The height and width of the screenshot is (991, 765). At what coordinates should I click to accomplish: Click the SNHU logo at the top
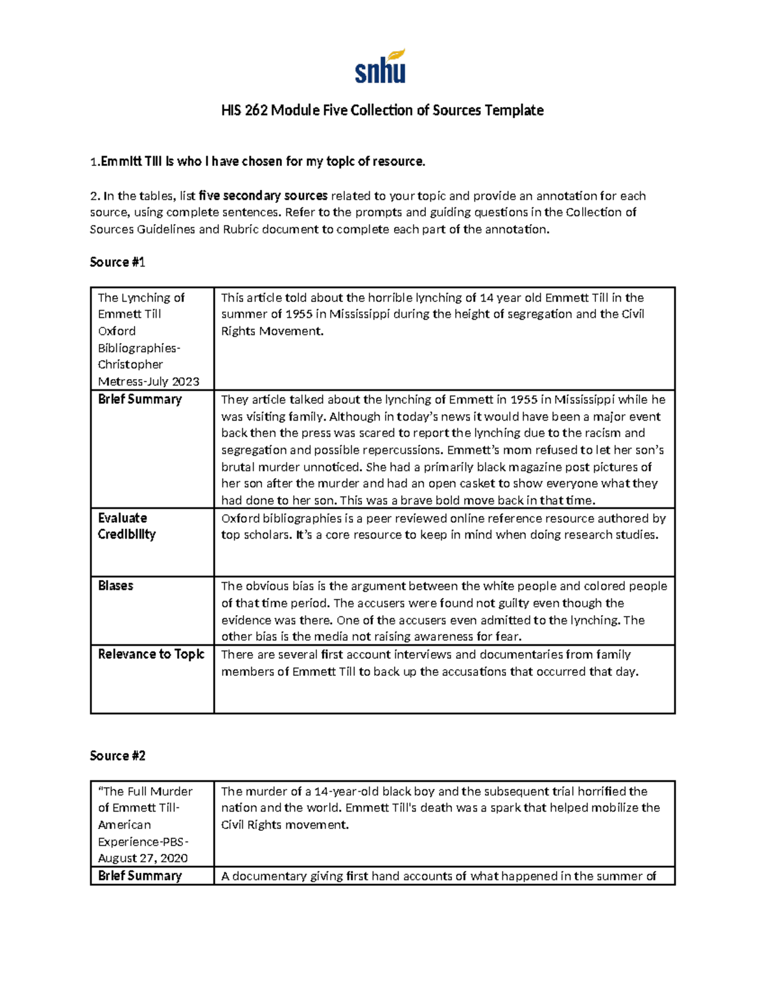coord(381,68)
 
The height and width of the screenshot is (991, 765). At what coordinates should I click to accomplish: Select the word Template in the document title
coord(514,110)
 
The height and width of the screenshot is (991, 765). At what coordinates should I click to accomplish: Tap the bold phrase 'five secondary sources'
coord(263,196)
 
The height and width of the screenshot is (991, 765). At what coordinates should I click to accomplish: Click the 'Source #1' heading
coord(117,262)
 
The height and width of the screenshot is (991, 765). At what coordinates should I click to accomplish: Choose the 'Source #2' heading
coord(117,756)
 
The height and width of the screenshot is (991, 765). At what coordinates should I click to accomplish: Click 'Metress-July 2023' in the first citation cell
coord(149,382)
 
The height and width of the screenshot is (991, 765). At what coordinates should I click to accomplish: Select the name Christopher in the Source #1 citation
coord(130,364)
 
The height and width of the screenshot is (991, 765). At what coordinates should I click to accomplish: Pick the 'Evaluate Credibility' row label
coord(126,526)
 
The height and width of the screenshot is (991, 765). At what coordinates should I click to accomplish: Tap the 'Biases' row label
coord(115,586)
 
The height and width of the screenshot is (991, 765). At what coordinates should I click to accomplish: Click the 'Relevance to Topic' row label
coord(151,654)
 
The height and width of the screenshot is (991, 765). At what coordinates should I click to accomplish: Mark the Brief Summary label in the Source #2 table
coord(140,876)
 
